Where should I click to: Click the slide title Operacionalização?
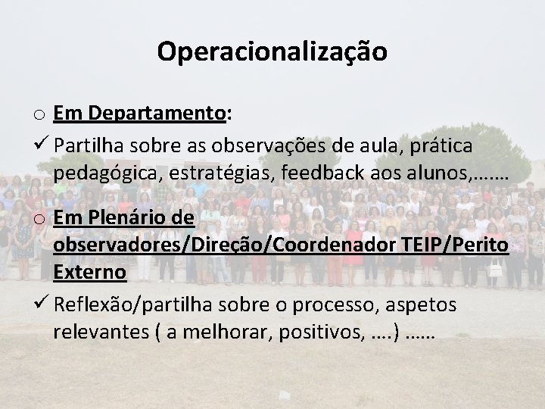272,51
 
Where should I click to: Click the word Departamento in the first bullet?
156,114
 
